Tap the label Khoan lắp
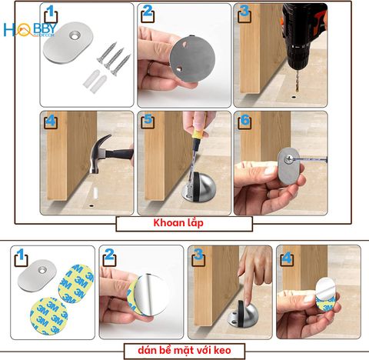click(184, 224)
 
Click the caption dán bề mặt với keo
click(184, 352)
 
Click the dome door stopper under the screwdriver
click(197, 188)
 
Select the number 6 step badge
click(244, 120)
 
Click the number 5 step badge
click(148, 120)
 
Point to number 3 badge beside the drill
click(244, 13)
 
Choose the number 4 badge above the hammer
click(51, 120)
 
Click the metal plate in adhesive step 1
click(38, 276)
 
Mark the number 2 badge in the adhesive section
click(109, 255)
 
